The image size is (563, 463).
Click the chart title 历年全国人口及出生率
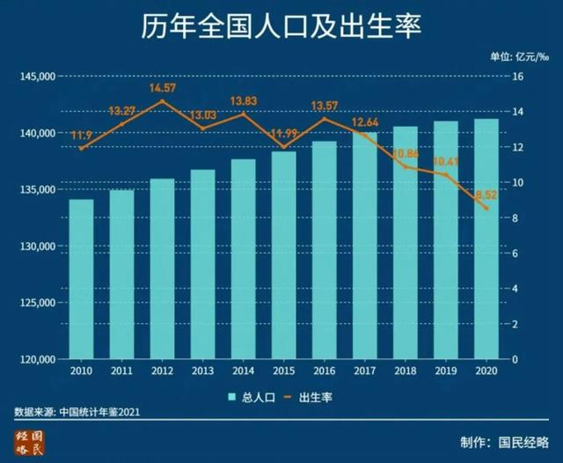[281, 26]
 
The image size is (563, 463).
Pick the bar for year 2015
[284, 255]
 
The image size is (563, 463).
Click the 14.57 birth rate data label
[163, 89]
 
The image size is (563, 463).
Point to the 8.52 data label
[486, 195]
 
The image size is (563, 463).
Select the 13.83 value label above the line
[244, 102]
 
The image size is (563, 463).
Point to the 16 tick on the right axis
[518, 77]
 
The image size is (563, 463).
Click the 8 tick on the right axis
[516, 218]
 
